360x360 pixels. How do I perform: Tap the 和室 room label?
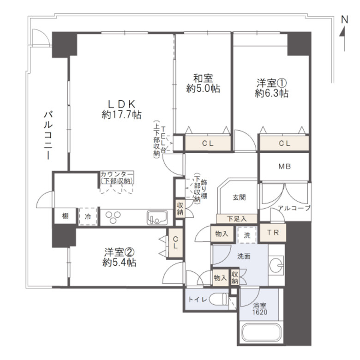click(x=203, y=78)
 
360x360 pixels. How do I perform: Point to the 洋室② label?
click(x=119, y=252)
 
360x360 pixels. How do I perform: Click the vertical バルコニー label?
click(x=48, y=135)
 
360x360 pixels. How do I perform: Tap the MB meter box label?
click(x=285, y=166)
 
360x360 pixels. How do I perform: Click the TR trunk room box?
click(x=273, y=233)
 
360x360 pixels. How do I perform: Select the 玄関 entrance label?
click(x=239, y=197)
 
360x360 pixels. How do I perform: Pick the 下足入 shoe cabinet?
click(x=237, y=219)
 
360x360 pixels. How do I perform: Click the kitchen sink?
click(x=157, y=217)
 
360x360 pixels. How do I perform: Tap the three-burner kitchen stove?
click(x=113, y=217)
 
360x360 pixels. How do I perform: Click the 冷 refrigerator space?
click(x=88, y=216)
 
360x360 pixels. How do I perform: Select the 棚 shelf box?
click(x=65, y=216)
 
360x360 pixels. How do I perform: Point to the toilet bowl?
click(x=218, y=300)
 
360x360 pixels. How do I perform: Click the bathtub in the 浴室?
click(x=262, y=333)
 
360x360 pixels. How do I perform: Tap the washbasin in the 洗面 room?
click(x=276, y=266)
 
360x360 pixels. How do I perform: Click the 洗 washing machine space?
click(x=247, y=235)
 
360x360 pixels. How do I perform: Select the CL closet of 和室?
click(x=208, y=144)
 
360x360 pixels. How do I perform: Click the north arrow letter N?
click(x=344, y=20)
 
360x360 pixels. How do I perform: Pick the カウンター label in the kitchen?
click(x=117, y=174)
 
